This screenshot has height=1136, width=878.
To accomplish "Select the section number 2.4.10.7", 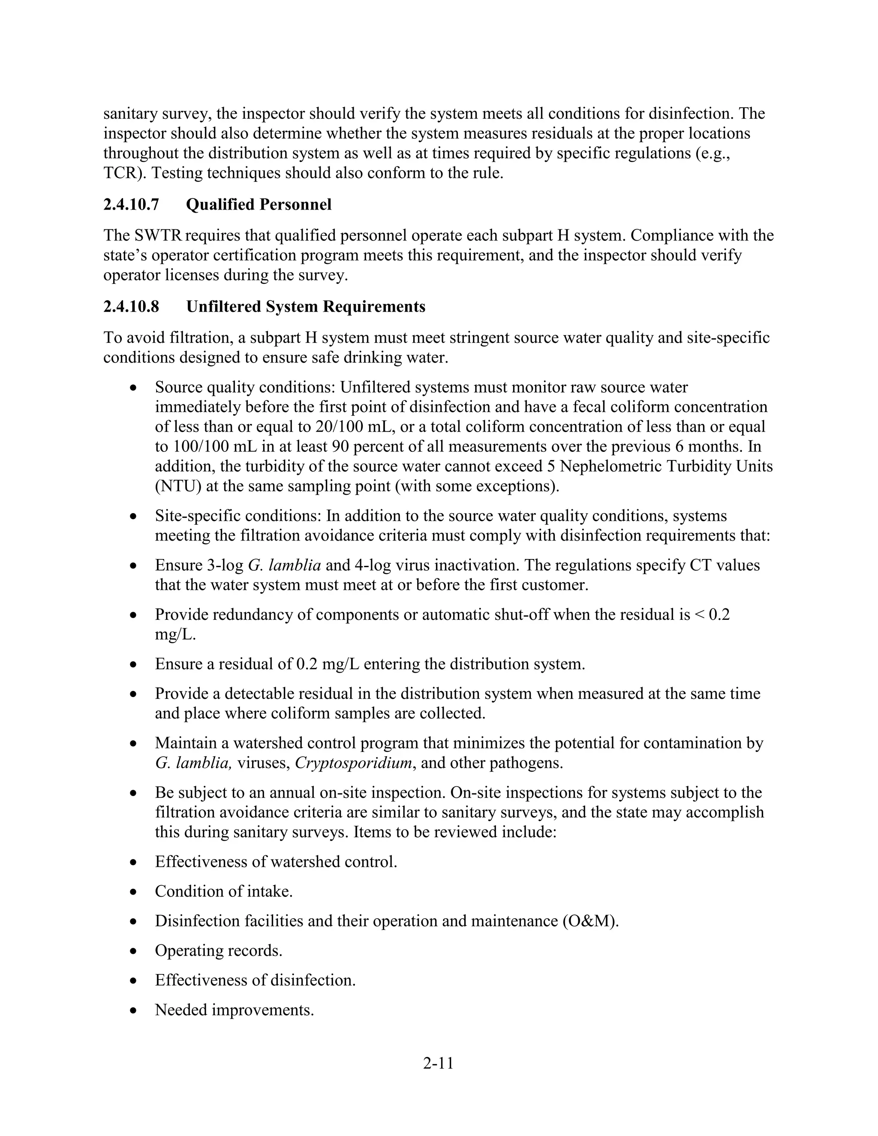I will pos(131,205).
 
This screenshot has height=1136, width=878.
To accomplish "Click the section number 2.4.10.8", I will pos(131,307).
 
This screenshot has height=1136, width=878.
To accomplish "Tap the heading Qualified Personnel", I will pos(259,205).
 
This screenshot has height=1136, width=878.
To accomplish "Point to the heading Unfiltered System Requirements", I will pos(305,307).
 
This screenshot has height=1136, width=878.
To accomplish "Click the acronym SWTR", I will pos(158,236).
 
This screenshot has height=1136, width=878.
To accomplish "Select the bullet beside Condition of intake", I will pos(134,892).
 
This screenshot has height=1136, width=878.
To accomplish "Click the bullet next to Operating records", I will pos(134,951).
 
